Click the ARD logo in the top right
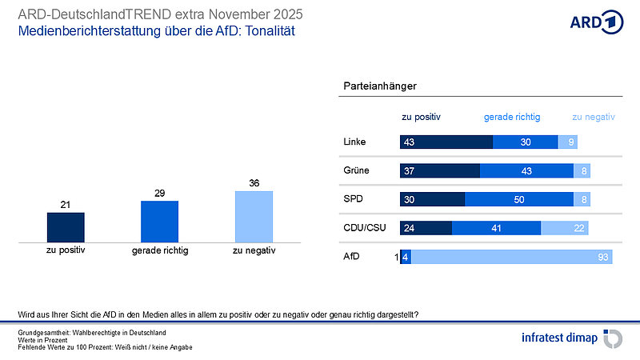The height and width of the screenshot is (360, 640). pos(596,22)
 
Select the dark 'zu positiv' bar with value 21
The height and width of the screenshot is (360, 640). pos(66,226)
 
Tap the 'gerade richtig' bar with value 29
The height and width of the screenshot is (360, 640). pos(159,221)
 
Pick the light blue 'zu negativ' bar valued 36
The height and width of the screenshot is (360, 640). pos(254,216)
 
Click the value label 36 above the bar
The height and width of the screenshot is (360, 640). pos(254,183)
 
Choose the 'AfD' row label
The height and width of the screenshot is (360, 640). pos(351,257)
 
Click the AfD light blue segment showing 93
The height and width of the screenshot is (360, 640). pos(511,257)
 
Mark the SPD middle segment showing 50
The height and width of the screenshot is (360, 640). pos(519,199)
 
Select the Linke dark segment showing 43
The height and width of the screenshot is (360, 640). pos(446,142)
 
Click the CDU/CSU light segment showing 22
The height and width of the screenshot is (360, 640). pos(565,228)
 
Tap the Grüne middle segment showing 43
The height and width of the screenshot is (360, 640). pos(526,170)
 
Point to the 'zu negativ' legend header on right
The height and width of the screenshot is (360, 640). pos(593,117)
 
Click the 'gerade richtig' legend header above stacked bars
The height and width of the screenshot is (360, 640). pos(512,117)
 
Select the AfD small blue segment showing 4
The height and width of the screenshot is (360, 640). pos(406,257)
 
